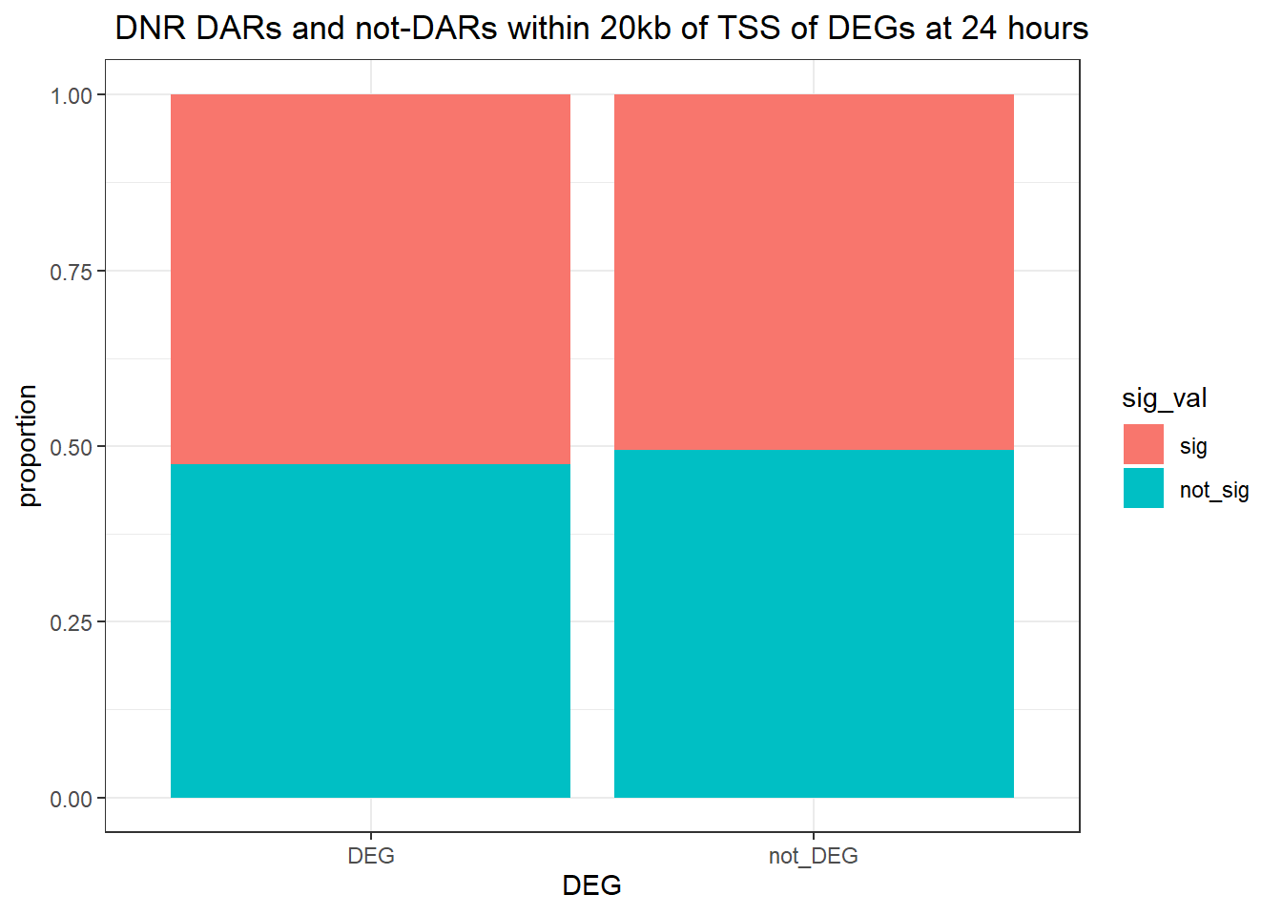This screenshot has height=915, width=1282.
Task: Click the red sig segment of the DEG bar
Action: coord(370,279)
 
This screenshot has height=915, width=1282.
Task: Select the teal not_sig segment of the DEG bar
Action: coord(370,631)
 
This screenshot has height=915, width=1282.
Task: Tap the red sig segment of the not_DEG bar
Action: coord(814,273)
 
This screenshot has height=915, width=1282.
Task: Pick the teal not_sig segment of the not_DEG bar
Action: coord(814,624)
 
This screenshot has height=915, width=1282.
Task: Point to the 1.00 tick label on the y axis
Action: coord(71,96)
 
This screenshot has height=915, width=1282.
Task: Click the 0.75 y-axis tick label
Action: coord(71,273)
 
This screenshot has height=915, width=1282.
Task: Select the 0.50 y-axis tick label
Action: coord(71,448)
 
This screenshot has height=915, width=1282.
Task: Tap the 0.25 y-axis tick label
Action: coord(71,623)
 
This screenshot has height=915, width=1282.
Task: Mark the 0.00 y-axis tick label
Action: coord(71,799)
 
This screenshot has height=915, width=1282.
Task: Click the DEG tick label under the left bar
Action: coord(371,856)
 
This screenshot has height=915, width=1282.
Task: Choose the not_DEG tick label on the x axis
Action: coord(814,857)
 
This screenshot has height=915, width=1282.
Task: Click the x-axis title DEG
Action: coord(591,885)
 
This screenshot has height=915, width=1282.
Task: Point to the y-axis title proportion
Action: coord(27,446)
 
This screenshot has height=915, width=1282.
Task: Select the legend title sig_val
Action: coord(1164,398)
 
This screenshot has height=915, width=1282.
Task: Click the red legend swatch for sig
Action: coord(1144,444)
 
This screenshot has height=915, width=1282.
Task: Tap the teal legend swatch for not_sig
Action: coord(1144,488)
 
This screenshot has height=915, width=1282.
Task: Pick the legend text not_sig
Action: coord(1214,491)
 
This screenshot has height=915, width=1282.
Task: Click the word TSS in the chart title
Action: coord(749,28)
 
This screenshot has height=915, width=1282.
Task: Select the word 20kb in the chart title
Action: coord(635,28)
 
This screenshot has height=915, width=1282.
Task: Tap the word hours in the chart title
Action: coord(1048,28)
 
